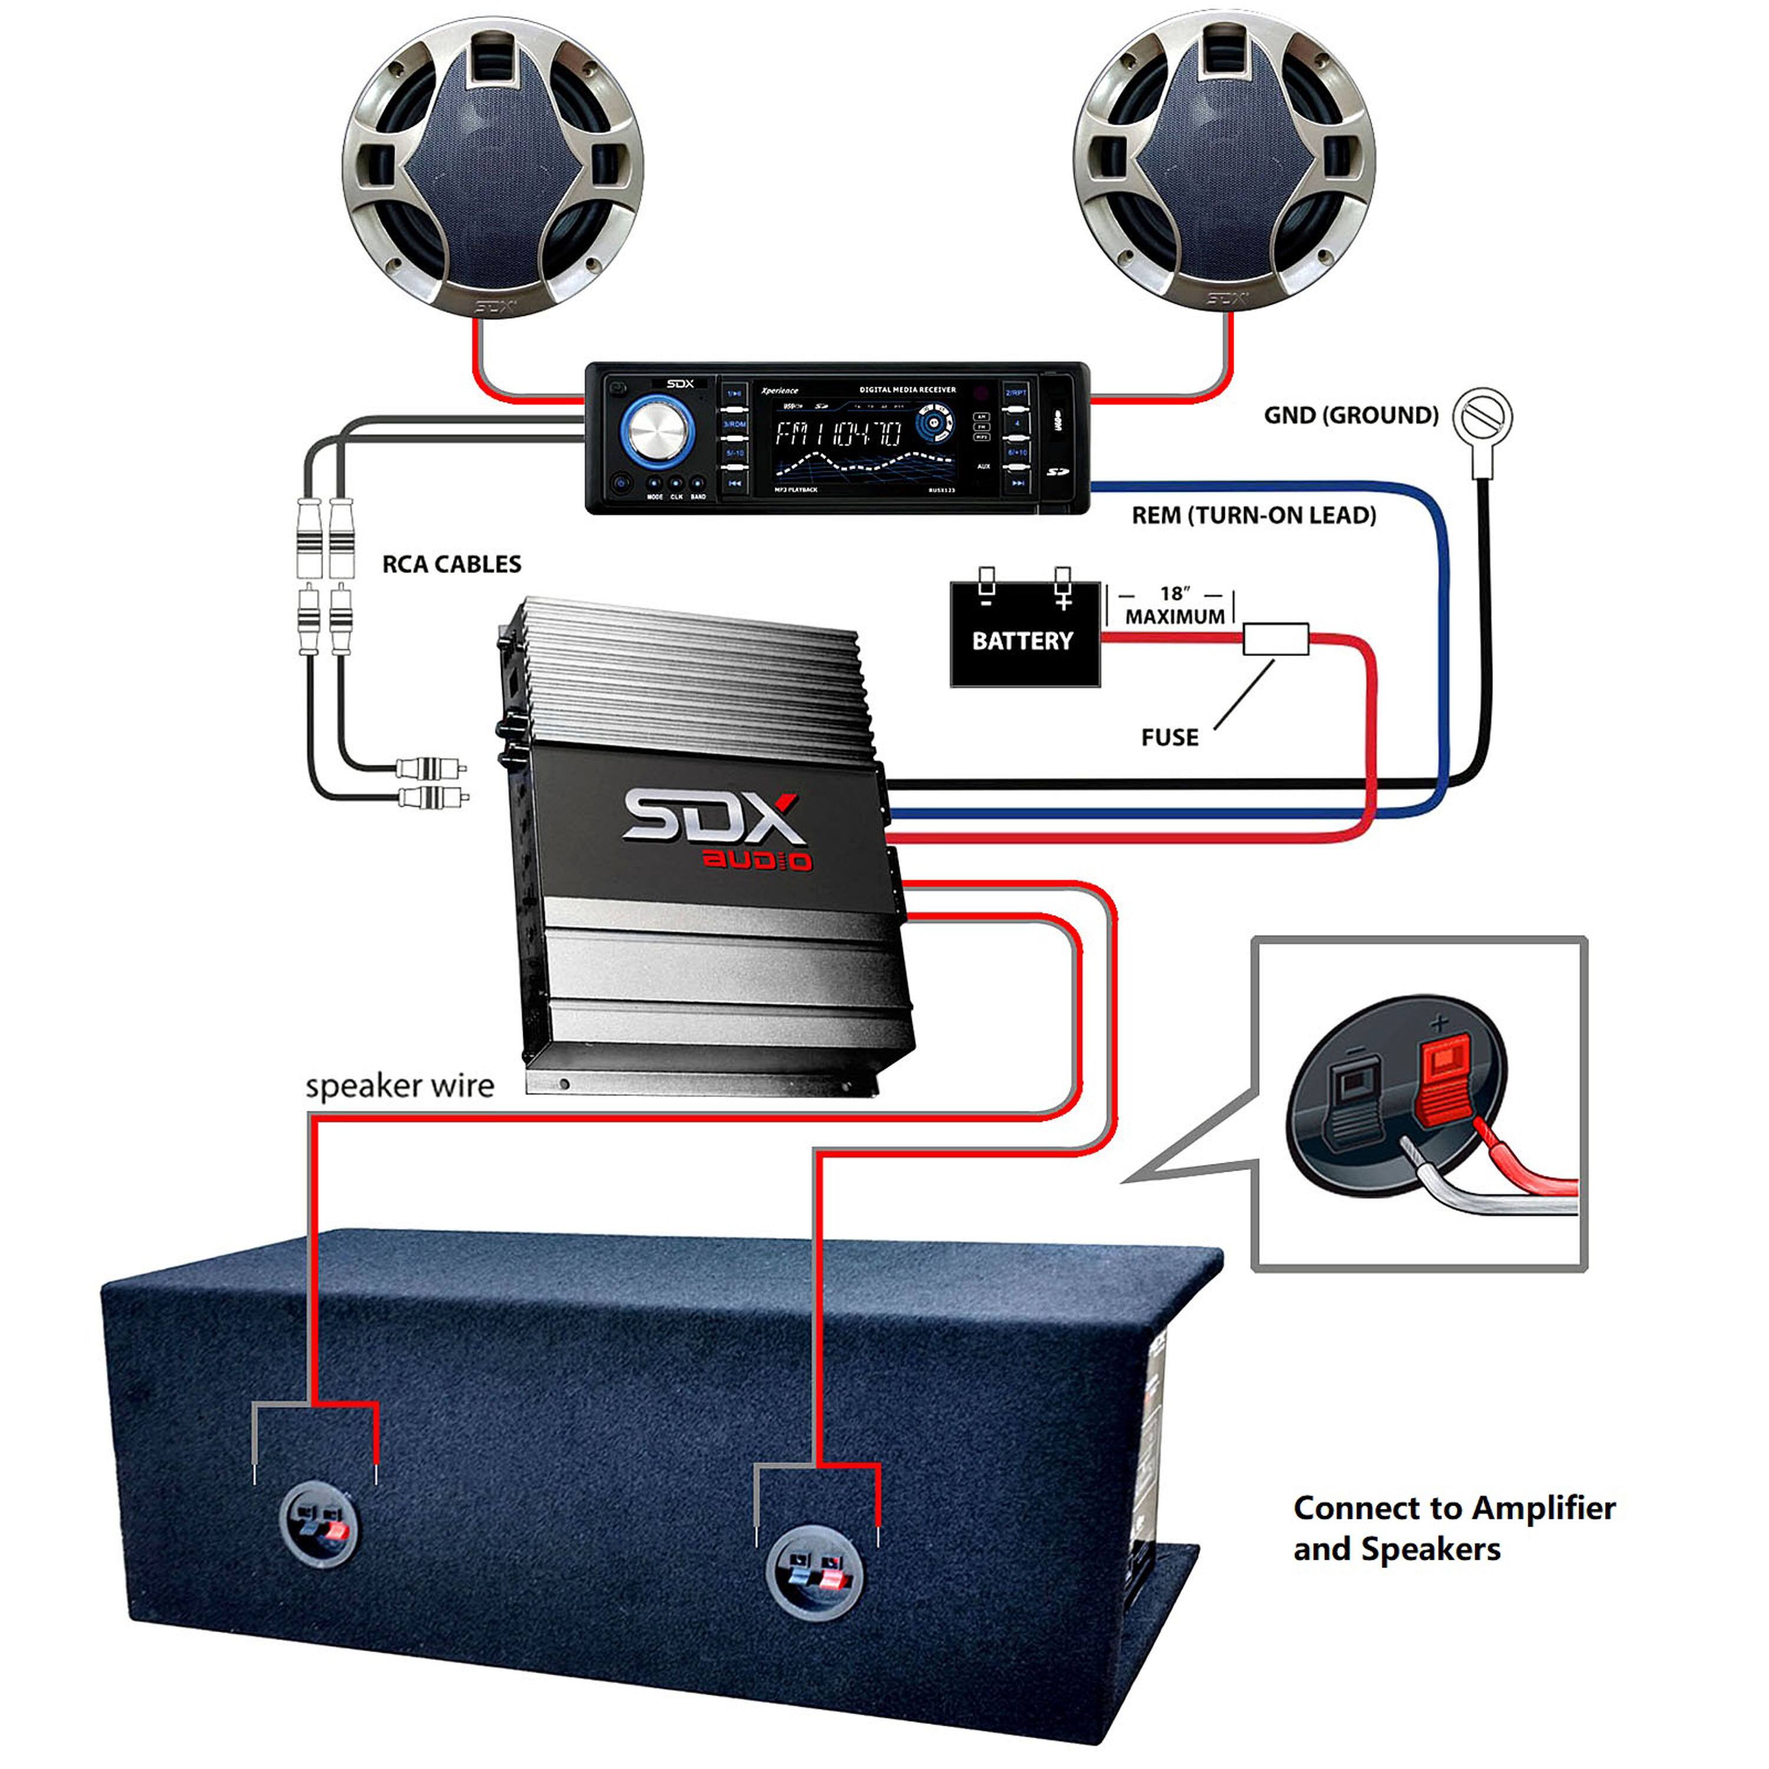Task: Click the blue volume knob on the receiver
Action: coord(656,430)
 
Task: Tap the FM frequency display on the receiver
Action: coord(838,433)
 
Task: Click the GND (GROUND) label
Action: coord(1350,416)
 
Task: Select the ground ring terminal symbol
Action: coord(1484,417)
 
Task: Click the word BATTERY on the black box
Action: coord(1022,641)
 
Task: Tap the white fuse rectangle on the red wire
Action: coord(1275,639)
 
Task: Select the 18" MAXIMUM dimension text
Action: coord(1175,606)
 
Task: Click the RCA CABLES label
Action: coord(452,564)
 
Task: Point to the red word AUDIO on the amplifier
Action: coord(757,861)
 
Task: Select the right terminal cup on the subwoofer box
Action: coord(814,1575)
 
